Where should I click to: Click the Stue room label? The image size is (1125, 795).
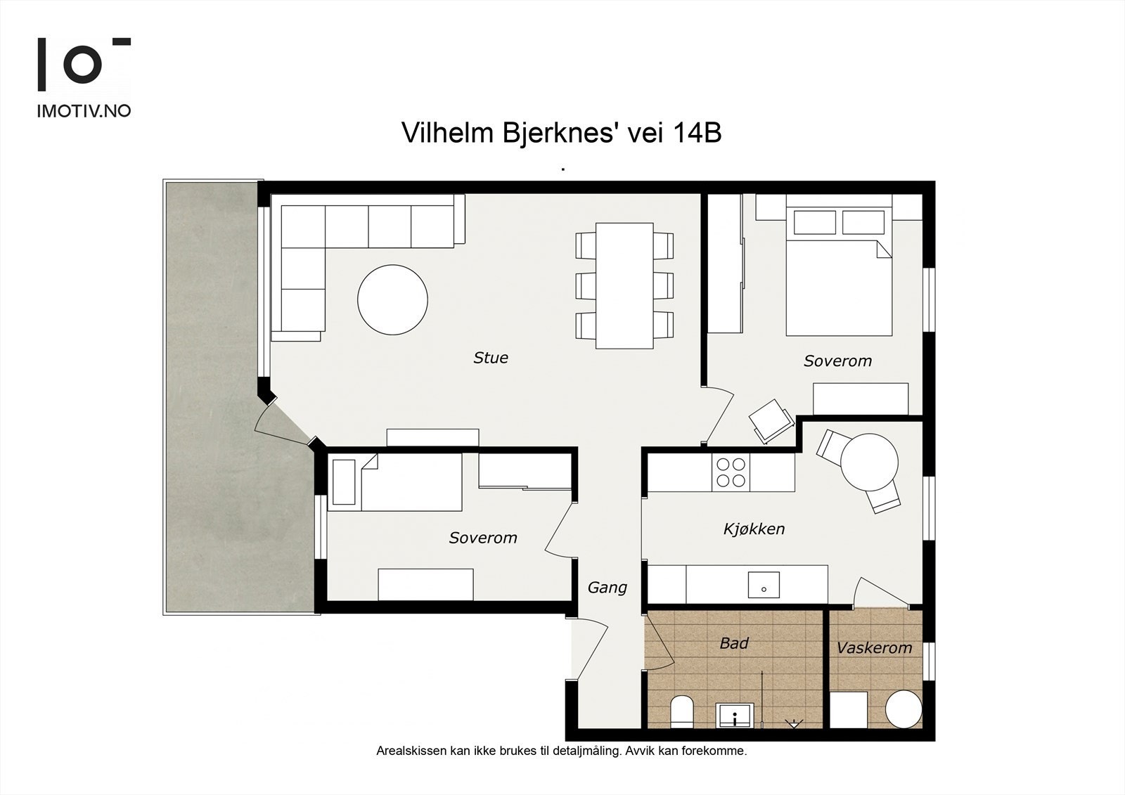pyautogui.click(x=491, y=358)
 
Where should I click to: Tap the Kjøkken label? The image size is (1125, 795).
pyautogui.click(x=754, y=529)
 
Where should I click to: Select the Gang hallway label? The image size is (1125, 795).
pyautogui.click(x=607, y=587)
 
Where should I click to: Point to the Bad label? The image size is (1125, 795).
pyautogui.click(x=734, y=643)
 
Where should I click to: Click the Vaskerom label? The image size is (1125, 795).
pyautogui.click(x=875, y=648)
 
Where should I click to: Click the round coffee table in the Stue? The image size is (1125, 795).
pyautogui.click(x=393, y=300)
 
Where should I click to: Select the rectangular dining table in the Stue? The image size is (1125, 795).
pyautogui.click(x=624, y=286)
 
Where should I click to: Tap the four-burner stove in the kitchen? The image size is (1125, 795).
pyautogui.click(x=731, y=472)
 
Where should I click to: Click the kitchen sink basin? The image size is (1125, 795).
pyautogui.click(x=764, y=585)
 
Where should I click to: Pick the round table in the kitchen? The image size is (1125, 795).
pyautogui.click(x=869, y=462)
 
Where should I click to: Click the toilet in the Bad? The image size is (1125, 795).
pyautogui.click(x=682, y=711)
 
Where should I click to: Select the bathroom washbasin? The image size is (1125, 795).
pyautogui.click(x=735, y=715)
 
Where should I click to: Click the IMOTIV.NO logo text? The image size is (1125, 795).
pyautogui.click(x=84, y=111)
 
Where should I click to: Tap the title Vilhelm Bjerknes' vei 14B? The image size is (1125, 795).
pyautogui.click(x=562, y=133)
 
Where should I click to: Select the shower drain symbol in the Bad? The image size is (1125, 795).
pyautogui.click(x=794, y=723)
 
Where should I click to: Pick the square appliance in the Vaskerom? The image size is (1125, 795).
pyautogui.click(x=849, y=710)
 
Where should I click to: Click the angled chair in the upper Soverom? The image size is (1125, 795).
pyautogui.click(x=771, y=421)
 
